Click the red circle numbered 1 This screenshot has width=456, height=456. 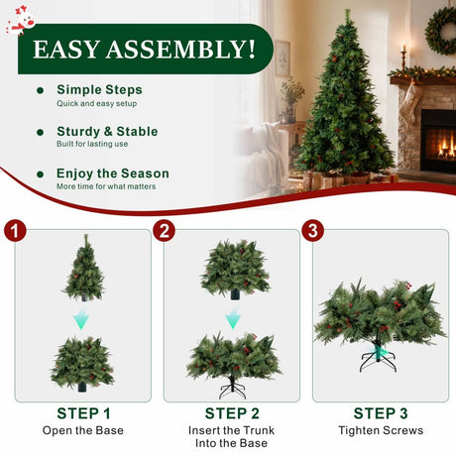click(15, 230)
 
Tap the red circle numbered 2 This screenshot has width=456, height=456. click(164, 230)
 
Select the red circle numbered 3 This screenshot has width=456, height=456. click(312, 230)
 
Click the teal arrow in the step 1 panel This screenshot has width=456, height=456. click(81, 319)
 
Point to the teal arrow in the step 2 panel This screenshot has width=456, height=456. click(233, 318)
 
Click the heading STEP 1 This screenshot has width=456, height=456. click(83, 413)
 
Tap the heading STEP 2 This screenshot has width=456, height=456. click(232, 413)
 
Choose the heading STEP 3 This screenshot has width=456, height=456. click(381, 413)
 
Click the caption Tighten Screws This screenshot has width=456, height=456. click(381, 430)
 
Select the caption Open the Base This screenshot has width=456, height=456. click(83, 430)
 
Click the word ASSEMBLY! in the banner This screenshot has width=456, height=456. click(180, 50)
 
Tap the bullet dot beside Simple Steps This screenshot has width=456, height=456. click(41, 90)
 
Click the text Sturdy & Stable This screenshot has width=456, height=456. click(107, 132)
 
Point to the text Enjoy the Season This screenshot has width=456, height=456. click(113, 173)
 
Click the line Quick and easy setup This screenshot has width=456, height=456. click(97, 104)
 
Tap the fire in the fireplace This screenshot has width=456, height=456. click(446, 149)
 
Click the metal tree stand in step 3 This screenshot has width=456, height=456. click(378, 359)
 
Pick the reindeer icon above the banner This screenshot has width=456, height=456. click(22, 21)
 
